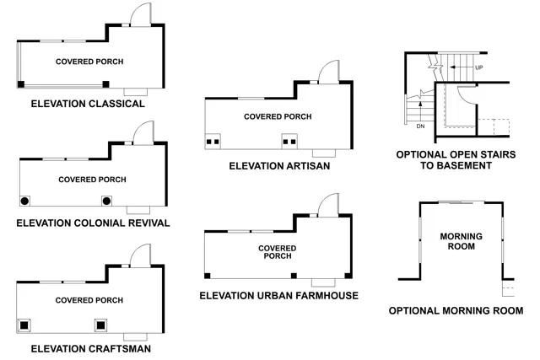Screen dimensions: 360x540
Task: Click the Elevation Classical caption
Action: point(88,104)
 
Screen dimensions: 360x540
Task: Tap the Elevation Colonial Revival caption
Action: point(93,223)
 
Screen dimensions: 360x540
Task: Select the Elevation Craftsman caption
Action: point(91,347)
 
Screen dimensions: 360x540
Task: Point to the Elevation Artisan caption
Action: point(279,166)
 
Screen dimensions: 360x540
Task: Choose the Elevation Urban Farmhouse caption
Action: point(278,296)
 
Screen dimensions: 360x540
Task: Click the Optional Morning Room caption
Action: point(456,310)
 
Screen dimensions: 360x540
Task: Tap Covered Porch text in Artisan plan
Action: point(278,116)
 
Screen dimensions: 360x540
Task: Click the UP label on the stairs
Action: point(479,67)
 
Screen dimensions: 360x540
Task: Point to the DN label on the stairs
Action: point(420,126)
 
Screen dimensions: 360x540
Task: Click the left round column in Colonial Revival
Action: point(25,201)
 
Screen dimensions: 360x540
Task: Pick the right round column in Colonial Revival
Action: point(107,201)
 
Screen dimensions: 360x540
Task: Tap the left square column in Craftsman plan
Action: point(23,325)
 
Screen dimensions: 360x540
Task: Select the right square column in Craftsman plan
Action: point(101,325)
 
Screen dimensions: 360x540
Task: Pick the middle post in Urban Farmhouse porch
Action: point(293,276)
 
